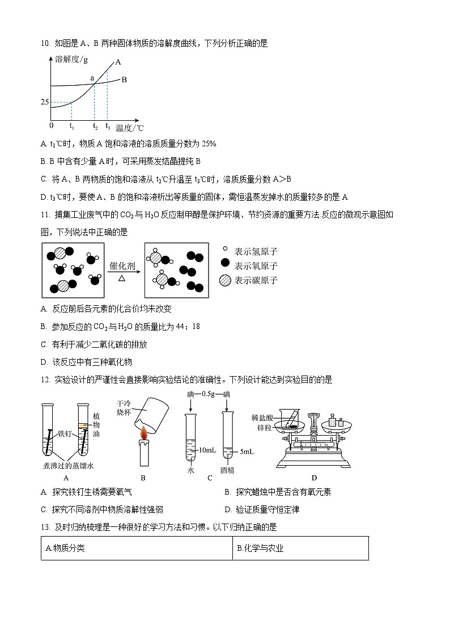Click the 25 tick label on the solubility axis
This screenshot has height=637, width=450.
click(x=45, y=102)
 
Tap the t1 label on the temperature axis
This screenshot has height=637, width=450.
click(x=71, y=126)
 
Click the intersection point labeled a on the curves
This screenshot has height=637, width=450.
click(x=92, y=78)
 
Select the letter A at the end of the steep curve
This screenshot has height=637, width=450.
click(x=118, y=62)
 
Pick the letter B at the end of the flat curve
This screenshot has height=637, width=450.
click(x=124, y=80)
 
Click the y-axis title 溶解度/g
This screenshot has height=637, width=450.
click(x=71, y=59)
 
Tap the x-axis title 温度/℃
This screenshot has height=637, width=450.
click(x=130, y=128)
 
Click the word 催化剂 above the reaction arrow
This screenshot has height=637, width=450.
click(x=122, y=265)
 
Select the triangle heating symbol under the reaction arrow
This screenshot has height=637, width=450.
click(x=122, y=279)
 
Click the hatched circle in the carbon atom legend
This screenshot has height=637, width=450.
click(x=226, y=280)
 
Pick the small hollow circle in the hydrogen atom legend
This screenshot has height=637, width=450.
click(x=226, y=250)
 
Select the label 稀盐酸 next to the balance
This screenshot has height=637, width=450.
click(x=262, y=417)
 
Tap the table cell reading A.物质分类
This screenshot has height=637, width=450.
click(x=136, y=548)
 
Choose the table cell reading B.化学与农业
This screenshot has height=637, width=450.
click(x=300, y=548)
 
